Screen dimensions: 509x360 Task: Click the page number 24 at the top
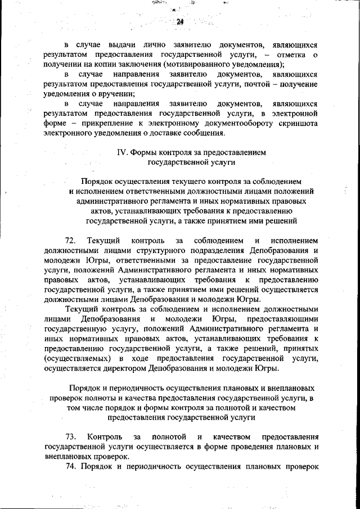pyautogui.click(x=181, y=22)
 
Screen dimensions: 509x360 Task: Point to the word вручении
pyautogui.click(x=118, y=94)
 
